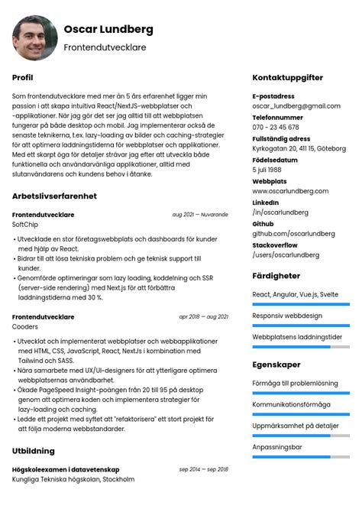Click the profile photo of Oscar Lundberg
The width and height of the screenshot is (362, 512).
point(34,37)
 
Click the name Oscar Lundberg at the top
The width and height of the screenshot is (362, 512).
point(108,29)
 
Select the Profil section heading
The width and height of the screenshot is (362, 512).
point(23,77)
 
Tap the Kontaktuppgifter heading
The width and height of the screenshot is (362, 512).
point(287,77)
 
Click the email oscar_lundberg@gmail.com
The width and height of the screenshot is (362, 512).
point(296,105)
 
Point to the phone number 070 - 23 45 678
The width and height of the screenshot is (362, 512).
point(276,127)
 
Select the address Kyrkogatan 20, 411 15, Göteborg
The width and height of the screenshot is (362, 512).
point(299,148)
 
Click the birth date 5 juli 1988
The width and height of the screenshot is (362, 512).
point(267,170)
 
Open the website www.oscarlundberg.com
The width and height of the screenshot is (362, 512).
point(290,190)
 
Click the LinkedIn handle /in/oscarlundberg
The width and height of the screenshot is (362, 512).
point(280,212)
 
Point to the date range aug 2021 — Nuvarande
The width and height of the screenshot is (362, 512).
point(200,215)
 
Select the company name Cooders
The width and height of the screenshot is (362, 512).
point(25,326)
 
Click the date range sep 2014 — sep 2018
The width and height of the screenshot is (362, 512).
point(204,468)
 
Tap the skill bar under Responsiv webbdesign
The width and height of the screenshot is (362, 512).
point(301,325)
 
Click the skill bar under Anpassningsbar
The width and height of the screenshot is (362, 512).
point(301,457)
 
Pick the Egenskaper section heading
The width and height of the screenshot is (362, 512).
point(276,365)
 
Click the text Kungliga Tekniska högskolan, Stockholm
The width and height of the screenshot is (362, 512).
point(73,479)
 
